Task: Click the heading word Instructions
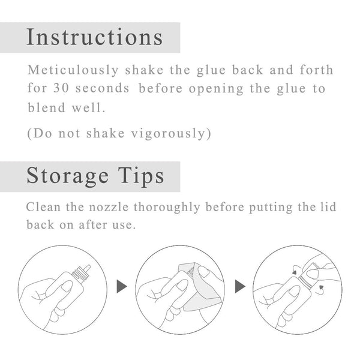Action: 95,37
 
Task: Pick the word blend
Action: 45,108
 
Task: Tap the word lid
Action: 328,208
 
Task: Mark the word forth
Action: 317,70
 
